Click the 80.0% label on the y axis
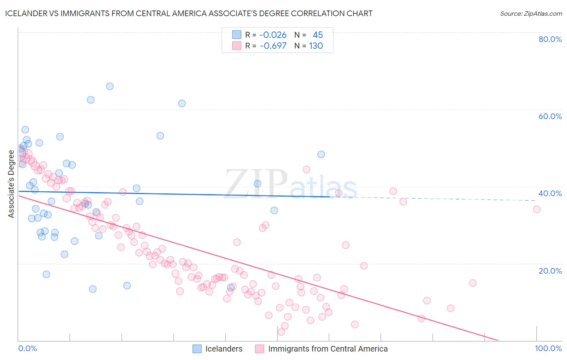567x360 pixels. point(550,39)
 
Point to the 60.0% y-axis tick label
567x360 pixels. point(550,116)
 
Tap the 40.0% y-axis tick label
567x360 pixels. point(550,193)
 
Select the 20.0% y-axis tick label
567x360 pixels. point(550,271)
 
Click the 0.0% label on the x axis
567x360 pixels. point(27,348)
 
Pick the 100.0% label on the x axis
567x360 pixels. point(548,348)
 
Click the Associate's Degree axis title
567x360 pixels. point(11,184)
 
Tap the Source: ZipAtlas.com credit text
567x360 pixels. point(531,13)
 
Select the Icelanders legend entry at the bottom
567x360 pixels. point(224,349)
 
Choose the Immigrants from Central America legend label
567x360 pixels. point(328,349)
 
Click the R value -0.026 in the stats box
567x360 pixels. point(273,35)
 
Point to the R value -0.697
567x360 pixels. point(273,46)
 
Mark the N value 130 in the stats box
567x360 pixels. point(316,46)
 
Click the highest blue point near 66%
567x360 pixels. point(110,86)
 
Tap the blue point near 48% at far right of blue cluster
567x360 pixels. point(321,154)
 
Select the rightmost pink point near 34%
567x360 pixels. point(537,209)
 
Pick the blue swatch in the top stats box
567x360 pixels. point(237,35)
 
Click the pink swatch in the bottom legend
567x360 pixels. point(260,349)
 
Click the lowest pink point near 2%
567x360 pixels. point(281,332)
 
